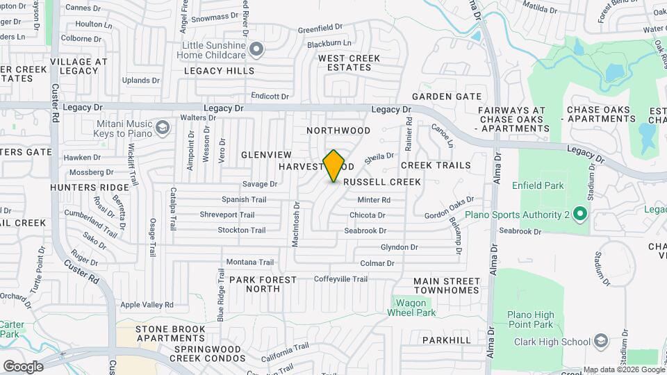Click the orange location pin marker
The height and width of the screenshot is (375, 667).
334,166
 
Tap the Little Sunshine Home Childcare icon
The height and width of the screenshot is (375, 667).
257,49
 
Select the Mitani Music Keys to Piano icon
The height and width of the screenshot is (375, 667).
163,127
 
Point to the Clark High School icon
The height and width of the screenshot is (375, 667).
601,341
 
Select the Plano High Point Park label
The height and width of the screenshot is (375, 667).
529,319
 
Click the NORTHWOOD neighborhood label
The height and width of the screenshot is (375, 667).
338,131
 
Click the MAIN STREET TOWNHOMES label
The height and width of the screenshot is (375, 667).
446,285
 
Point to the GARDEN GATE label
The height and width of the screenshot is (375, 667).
447,96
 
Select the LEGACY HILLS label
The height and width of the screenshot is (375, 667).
219,71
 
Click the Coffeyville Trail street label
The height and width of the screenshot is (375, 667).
340,279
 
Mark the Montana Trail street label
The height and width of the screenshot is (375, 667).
250,262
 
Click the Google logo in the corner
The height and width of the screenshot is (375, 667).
22,366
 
